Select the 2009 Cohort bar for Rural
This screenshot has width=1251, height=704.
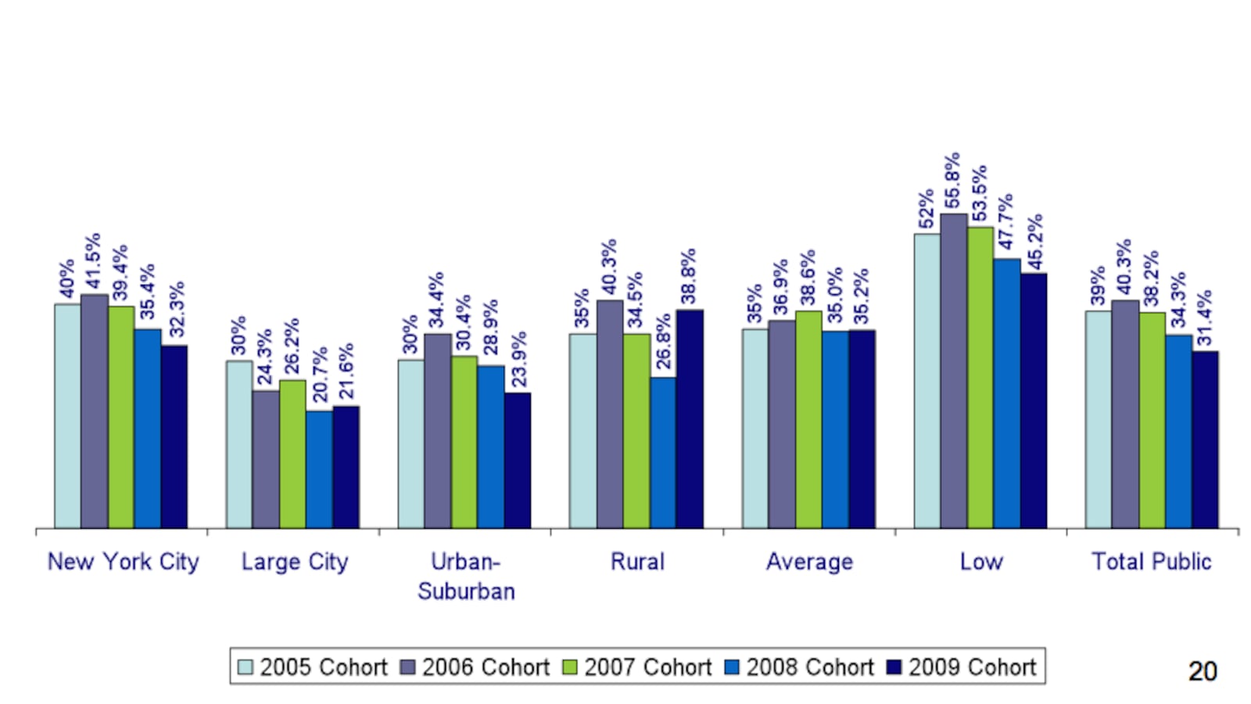click(689, 419)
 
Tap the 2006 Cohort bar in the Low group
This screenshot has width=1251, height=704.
click(953, 371)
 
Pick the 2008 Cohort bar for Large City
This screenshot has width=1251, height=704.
click(319, 469)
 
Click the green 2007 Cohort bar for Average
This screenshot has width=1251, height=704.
click(808, 419)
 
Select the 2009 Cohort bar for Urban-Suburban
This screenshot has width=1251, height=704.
click(517, 460)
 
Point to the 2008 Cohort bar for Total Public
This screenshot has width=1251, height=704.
click(1178, 432)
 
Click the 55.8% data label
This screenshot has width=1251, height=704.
click(952, 181)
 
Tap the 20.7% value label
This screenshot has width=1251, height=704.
click(320, 375)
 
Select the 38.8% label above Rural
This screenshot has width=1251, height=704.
click(688, 276)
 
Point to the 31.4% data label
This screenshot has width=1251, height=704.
click(1205, 318)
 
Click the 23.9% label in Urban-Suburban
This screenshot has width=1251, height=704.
click(518, 358)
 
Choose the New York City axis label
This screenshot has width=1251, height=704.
click(124, 562)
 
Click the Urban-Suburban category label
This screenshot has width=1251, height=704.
click(466, 576)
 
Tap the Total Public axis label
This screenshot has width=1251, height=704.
click(1151, 562)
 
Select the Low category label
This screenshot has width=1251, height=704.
click(980, 562)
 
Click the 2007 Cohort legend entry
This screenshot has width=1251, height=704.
click(637, 667)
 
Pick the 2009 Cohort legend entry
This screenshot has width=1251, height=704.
click(962, 667)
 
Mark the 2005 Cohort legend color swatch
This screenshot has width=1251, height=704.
click(246, 667)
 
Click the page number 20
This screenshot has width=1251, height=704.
click(1202, 671)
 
